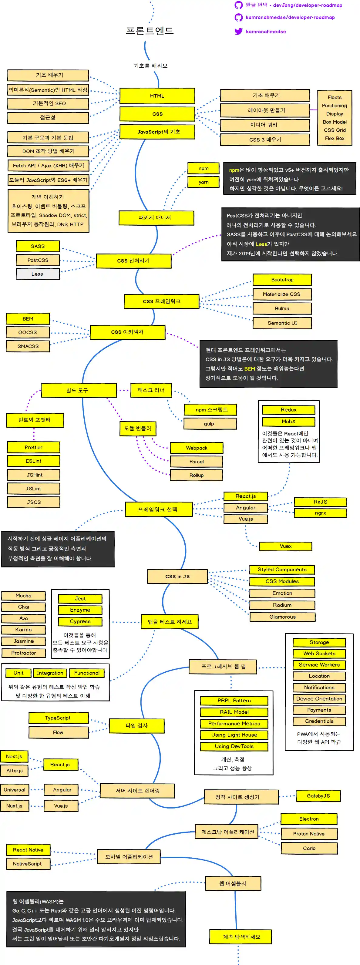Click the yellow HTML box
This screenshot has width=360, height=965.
[157, 96]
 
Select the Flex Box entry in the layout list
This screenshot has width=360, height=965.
[335, 138]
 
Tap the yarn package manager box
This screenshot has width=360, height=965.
[204, 182]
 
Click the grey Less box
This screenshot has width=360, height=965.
[38, 274]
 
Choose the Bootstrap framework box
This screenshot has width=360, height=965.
[282, 279]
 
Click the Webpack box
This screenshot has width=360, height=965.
[197, 448]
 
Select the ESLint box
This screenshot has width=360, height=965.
[33, 461]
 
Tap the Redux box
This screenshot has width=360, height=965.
[288, 410]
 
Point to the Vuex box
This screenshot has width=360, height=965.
[285, 546]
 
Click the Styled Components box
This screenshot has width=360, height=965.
[282, 570]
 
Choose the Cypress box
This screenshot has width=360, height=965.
[80, 621]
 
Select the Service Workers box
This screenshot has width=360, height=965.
[319, 664]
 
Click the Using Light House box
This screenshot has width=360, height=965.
[234, 735]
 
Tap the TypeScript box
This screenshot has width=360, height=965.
[58, 718]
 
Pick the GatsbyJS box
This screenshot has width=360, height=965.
[318, 796]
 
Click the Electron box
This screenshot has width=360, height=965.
[309, 819]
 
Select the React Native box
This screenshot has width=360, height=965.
[28, 850]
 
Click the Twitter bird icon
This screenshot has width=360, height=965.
[239, 32]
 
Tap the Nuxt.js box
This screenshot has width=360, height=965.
[14, 805]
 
